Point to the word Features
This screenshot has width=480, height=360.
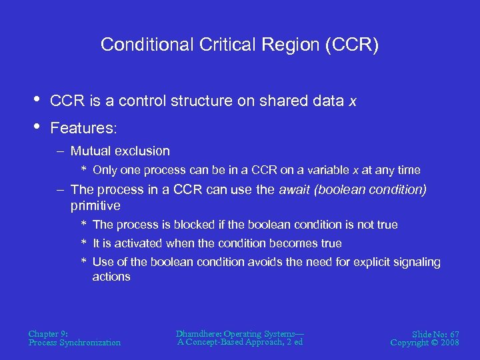(x=79, y=127)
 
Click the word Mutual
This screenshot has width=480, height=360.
(x=91, y=151)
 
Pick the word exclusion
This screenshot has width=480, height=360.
(x=141, y=151)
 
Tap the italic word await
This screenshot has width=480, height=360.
(x=294, y=190)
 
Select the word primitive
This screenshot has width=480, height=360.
(x=95, y=206)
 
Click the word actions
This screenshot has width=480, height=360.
(x=111, y=277)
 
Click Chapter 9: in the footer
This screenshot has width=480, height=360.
(x=49, y=333)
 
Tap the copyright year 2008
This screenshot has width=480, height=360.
(x=450, y=343)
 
